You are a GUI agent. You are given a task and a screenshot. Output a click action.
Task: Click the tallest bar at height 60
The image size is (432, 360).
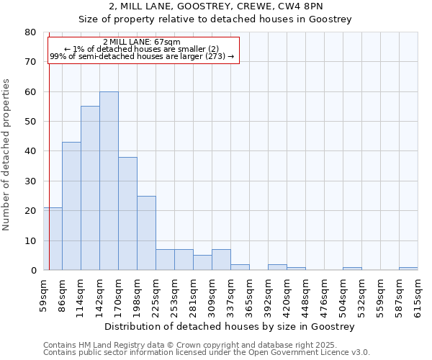click(109, 181)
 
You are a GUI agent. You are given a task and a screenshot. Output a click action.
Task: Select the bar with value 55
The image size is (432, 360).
click(90, 188)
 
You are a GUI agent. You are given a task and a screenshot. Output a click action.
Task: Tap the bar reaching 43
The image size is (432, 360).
click(71, 206)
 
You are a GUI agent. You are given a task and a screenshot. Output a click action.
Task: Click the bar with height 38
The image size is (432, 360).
click(127, 213)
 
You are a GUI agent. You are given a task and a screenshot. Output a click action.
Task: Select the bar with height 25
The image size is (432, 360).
click(146, 233)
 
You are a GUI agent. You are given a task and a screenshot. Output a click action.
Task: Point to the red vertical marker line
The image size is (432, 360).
click(49, 144)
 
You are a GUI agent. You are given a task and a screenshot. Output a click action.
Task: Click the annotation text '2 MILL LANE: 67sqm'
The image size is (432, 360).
click(142, 42)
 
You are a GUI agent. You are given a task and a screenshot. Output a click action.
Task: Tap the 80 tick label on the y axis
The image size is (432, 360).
click(30, 32)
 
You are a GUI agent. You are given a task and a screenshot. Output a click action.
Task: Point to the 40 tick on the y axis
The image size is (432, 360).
click(30, 151)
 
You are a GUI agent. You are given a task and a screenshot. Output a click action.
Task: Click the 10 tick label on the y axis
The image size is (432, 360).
click(30, 240)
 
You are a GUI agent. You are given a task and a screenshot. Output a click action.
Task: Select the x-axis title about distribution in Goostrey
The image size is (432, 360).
click(230, 327)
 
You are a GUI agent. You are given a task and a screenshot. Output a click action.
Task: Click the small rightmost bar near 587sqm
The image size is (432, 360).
click(408, 269)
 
